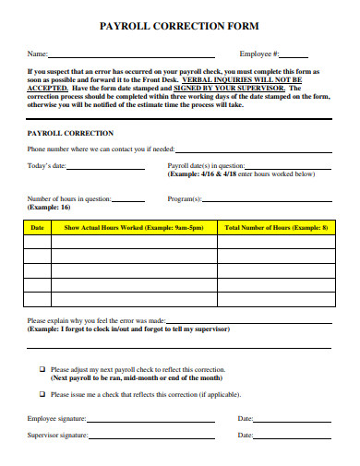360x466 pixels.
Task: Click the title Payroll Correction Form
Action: pos(179,28)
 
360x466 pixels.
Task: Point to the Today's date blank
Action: pos(105,168)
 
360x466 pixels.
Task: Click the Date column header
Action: pos(38,226)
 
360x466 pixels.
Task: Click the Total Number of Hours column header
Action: pos(276,226)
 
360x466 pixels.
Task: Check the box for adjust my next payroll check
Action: pos(42,368)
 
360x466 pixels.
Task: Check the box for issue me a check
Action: pos(42,394)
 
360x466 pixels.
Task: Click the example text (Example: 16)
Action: pos(54,209)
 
